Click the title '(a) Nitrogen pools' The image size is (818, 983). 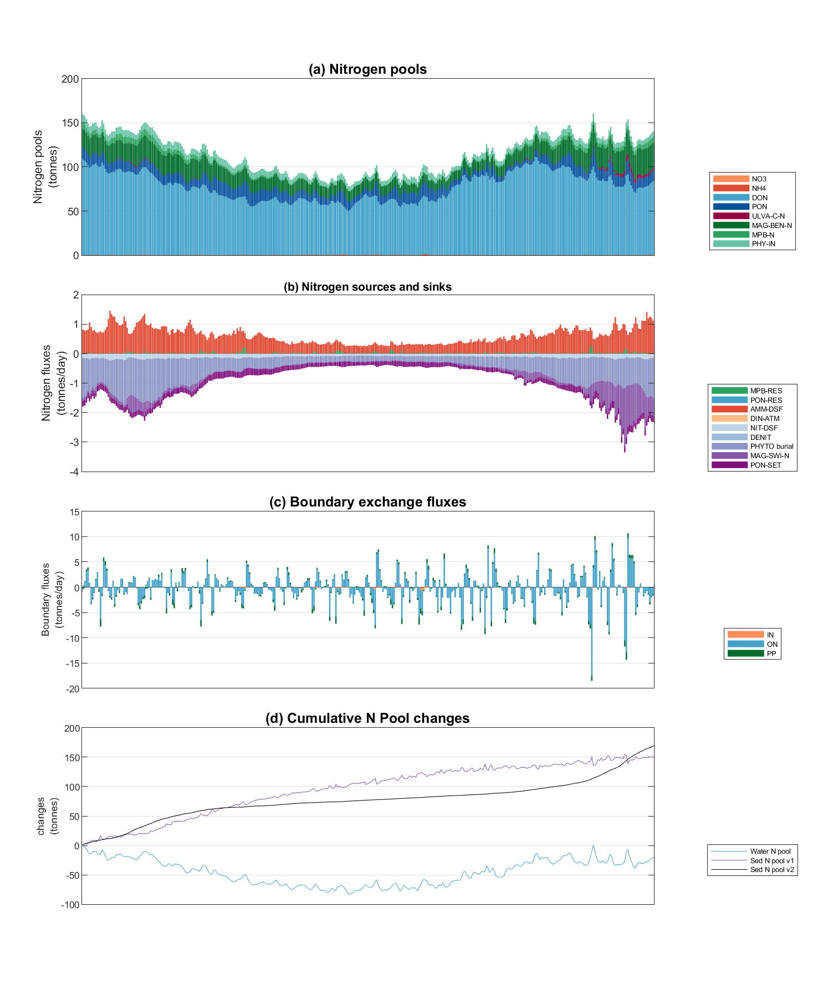pyautogui.click(x=367, y=69)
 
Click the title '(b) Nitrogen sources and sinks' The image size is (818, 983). pyautogui.click(x=367, y=287)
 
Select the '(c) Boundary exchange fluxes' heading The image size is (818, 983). pyautogui.click(x=367, y=502)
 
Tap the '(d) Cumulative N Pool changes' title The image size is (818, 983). pyautogui.click(x=367, y=718)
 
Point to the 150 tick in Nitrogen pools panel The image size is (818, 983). pyautogui.click(x=70, y=123)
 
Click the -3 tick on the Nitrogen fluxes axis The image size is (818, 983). pyautogui.click(x=74, y=442)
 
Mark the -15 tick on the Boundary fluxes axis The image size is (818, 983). pyautogui.click(x=72, y=663)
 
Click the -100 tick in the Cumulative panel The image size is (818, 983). pyautogui.click(x=70, y=905)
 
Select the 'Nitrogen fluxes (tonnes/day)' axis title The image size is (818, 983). pyautogui.click(x=52, y=383)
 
